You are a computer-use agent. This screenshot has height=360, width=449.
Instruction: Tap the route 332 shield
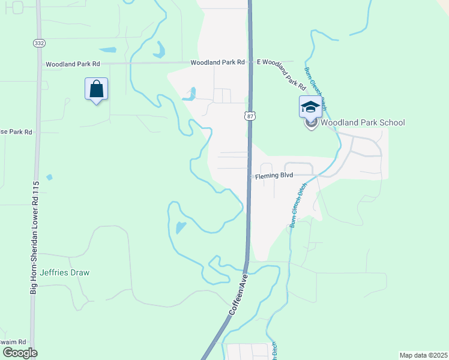(39, 43)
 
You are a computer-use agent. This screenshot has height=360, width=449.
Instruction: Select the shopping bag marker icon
(96, 90)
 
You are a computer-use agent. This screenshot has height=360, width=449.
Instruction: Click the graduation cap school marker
(310, 107)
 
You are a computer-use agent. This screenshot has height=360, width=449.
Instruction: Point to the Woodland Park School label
(363, 123)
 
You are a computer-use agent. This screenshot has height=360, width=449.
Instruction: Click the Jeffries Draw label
(65, 272)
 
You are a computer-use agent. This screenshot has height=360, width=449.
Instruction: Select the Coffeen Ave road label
(238, 296)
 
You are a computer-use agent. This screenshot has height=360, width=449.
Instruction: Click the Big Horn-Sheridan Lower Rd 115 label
(34, 238)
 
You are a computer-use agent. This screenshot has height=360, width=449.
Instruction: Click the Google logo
(19, 352)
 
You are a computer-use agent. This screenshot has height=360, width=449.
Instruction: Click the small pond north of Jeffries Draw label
(181, 227)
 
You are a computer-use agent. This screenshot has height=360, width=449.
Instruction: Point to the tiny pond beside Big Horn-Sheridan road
(49, 177)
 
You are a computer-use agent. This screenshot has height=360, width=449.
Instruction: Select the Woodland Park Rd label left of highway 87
(218, 62)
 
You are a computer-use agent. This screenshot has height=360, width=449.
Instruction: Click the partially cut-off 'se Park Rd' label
(16, 131)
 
